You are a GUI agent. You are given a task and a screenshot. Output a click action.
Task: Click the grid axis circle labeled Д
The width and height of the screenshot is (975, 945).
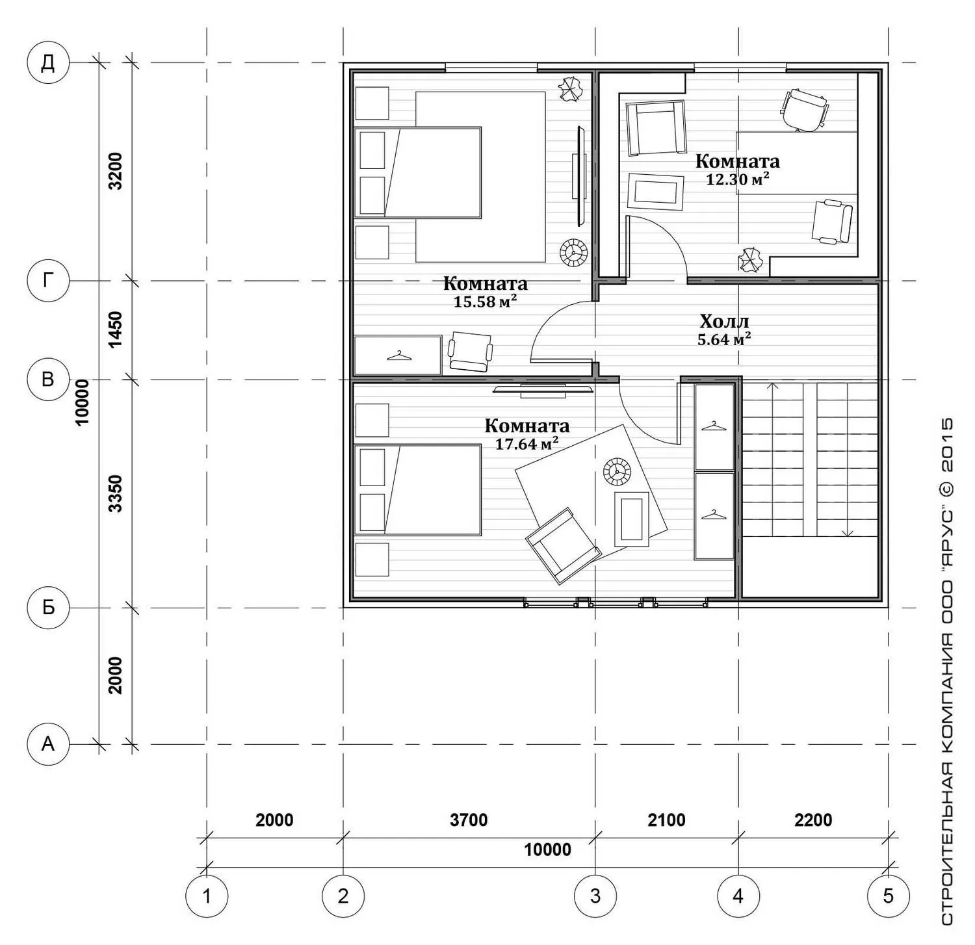coord(48,63)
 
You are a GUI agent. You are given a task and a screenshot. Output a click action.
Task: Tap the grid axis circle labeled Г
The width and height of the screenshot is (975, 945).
coord(48,281)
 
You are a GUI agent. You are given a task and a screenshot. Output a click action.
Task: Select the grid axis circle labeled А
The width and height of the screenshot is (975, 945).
coord(48,744)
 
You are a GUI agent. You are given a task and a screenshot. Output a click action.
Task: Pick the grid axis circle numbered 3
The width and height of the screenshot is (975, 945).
coord(595,896)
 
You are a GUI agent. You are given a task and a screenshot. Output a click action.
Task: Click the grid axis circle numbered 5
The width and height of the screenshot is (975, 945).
coord(889,896)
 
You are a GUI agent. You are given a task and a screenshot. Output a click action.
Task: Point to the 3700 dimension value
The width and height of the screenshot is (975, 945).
coord(469,820)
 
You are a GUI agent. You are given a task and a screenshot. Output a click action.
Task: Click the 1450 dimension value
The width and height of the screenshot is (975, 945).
coord(115,330)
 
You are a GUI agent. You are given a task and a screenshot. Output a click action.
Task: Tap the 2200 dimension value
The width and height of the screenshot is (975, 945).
coord(813,820)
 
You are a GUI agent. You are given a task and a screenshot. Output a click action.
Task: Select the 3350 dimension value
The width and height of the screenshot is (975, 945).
coord(115,494)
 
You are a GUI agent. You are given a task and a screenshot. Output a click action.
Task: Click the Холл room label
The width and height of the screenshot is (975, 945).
coord(724,321)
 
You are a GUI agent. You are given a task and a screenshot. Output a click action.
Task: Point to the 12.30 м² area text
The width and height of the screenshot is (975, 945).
coord(738,179)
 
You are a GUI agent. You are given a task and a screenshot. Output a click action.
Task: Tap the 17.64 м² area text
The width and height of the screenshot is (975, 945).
coord(527,444)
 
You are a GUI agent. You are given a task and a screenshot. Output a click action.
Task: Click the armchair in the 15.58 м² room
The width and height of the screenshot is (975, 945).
coord(470,352)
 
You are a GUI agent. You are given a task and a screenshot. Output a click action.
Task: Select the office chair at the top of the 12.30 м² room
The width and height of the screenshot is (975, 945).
coord(805,110)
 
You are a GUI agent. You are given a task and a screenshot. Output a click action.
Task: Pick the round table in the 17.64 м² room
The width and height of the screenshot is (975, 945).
coord(617,472)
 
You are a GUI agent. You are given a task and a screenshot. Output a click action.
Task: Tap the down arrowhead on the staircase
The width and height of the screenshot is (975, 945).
coord(848,533)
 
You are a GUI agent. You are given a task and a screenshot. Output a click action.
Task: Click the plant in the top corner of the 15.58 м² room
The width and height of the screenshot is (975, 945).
coord(571,90)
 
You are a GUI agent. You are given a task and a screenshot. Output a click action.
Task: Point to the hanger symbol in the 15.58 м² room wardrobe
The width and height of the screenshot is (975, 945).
coord(399,356)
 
